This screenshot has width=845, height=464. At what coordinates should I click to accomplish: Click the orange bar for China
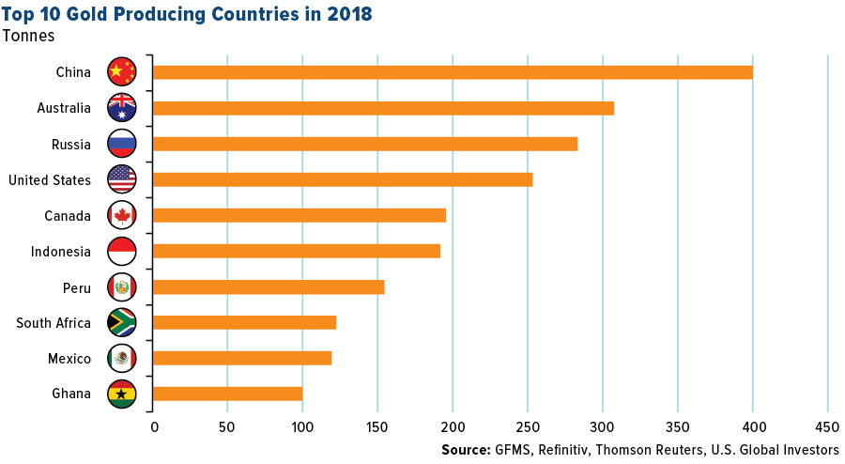[x=452, y=72]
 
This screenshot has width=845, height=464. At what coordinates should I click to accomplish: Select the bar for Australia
[x=383, y=108]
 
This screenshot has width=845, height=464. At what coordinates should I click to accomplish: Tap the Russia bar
[x=364, y=144]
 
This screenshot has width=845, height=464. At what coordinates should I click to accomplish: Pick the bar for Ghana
[x=227, y=394]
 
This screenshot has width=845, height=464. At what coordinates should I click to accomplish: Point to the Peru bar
[x=269, y=286]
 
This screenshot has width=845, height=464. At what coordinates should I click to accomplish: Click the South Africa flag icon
[x=122, y=322]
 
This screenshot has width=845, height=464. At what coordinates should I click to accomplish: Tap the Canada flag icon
[x=122, y=215]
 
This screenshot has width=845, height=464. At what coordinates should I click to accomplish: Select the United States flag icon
[x=122, y=179]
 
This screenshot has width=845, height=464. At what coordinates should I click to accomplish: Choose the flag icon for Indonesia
[x=122, y=251]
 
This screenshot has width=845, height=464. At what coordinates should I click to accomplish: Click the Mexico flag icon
[x=122, y=358]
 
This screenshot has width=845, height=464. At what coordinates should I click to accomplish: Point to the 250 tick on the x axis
[x=527, y=427]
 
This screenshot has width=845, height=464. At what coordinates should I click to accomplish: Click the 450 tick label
[x=827, y=427]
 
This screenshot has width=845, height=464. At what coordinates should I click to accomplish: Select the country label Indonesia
[x=60, y=252]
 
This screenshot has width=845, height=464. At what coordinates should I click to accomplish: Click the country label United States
[x=50, y=180]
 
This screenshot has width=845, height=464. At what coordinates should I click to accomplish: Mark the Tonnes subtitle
[x=28, y=37]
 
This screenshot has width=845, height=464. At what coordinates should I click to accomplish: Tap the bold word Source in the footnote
[x=466, y=450]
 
